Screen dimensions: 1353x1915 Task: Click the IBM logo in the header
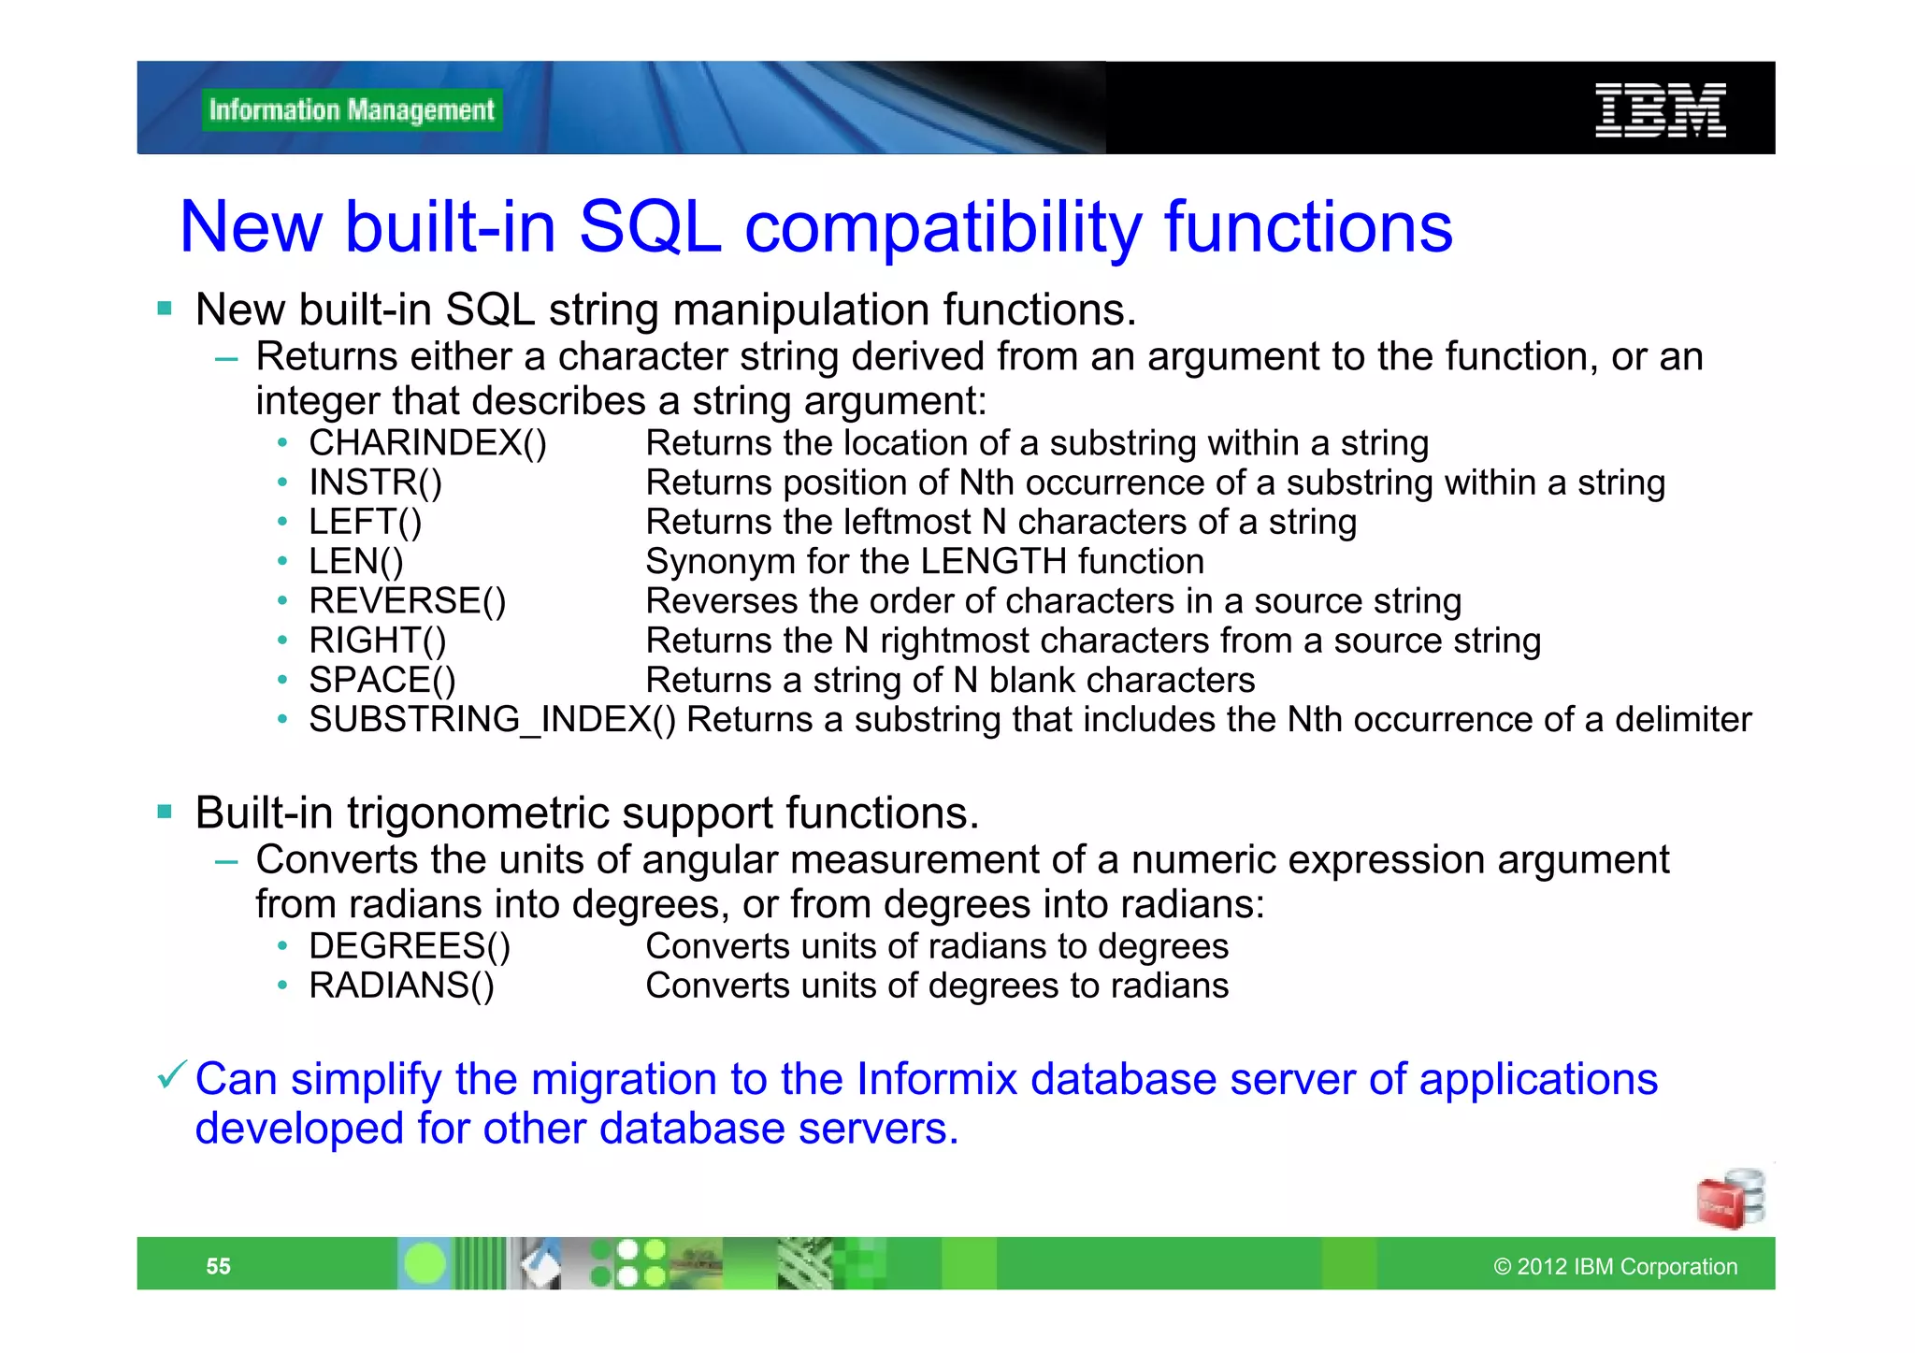[1660, 110]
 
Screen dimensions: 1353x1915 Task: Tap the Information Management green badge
[352, 110]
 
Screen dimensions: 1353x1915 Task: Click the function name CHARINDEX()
[427, 443]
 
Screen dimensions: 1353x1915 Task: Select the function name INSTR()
[375, 482]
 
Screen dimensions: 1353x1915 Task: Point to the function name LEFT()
[365, 522]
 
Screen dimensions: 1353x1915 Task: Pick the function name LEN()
[355, 561]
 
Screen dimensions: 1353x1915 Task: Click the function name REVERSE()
[407, 600]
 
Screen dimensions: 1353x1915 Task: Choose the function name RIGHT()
[377, 641]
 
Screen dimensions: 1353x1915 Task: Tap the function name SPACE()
[382, 680]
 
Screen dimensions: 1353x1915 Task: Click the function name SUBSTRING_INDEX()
[492, 720]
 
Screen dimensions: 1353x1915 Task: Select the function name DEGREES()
[410, 946]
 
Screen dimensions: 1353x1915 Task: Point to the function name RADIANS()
[401, 986]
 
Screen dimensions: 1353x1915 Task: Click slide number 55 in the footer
[218, 1266]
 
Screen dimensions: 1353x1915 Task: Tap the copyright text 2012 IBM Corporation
[1616, 1266]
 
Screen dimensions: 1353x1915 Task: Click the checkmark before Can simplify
[172, 1075]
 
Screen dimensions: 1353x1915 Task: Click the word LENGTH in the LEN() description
[993, 561]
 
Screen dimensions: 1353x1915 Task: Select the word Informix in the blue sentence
[936, 1079]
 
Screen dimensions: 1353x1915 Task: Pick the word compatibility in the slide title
[943, 227]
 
